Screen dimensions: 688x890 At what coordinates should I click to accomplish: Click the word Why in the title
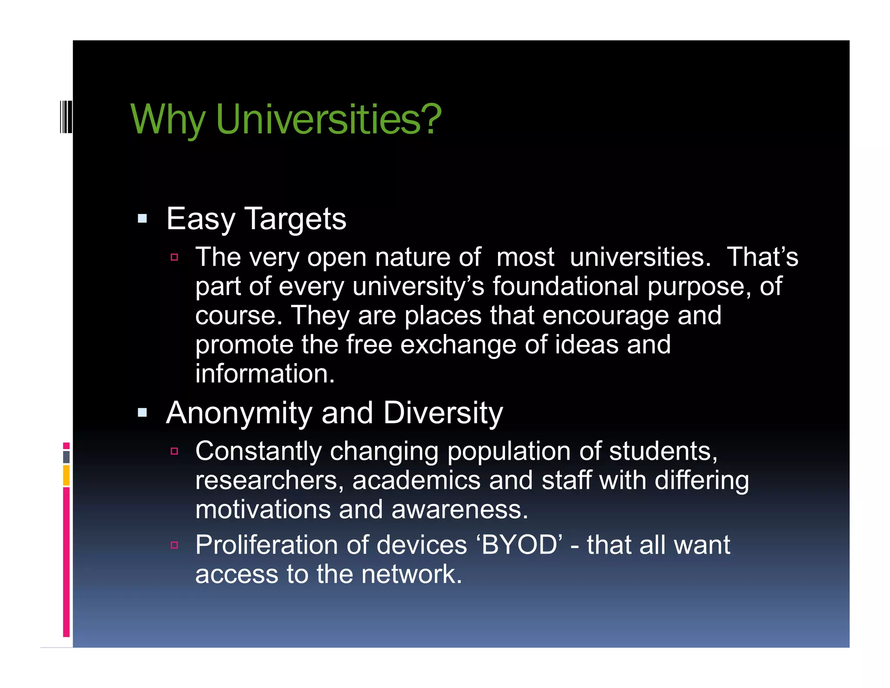167,120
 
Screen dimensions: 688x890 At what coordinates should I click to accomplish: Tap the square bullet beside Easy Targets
143,218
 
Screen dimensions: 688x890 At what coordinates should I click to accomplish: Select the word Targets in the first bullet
296,219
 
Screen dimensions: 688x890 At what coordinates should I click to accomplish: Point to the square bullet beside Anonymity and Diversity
143,412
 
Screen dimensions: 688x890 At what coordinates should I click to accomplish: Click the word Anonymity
239,413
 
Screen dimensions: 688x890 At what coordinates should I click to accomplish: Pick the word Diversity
443,413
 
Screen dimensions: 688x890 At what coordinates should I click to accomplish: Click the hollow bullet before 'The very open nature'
175,257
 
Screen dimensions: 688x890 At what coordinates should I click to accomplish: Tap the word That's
762,257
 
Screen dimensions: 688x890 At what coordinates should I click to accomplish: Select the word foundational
565,286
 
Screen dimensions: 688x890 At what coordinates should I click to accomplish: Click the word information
265,374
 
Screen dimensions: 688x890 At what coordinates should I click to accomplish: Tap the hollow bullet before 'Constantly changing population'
175,451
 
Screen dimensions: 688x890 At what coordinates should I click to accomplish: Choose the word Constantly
258,451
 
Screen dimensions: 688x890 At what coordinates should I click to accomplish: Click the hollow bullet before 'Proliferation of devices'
175,545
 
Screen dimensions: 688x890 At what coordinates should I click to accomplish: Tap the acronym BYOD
519,545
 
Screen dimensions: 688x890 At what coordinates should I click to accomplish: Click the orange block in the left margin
66,475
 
